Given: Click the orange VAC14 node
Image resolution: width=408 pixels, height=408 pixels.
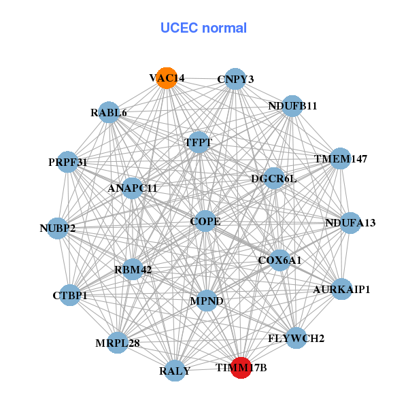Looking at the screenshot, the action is coord(166,78).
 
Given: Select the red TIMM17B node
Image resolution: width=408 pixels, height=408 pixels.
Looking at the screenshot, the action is coord(241,367).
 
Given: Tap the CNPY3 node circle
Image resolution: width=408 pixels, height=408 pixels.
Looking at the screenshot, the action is coord(235,79).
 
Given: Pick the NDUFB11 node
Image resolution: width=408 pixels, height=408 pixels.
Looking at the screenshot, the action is coord(292,106).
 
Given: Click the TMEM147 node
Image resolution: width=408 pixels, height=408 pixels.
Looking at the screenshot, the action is coord(340,159).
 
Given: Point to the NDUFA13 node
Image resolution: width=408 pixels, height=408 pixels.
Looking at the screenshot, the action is coord(350,223).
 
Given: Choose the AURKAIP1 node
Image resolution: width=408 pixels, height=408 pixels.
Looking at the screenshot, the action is coord(341,289).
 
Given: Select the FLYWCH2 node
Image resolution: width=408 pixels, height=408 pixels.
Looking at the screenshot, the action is coord(296,338).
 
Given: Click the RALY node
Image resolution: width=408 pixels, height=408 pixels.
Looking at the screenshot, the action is coord(175,371).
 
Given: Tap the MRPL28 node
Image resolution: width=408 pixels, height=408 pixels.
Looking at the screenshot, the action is coord(117,342).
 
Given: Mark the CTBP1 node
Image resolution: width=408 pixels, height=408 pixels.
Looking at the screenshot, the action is coord(69,296).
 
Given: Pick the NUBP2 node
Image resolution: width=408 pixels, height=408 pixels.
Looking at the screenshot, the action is coord(58,228).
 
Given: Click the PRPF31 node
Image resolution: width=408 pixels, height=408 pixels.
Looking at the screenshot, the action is coord(67,162).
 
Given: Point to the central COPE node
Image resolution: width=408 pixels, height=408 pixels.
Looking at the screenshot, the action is coord(205,222).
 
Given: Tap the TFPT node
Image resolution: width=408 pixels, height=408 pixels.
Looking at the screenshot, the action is coord(198,143).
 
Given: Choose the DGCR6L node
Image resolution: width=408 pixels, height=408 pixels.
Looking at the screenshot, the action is coord(273,179).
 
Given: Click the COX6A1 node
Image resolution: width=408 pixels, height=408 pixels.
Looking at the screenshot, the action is coord(280,260).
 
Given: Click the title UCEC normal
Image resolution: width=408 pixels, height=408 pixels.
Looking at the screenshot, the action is coord(203,28).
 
